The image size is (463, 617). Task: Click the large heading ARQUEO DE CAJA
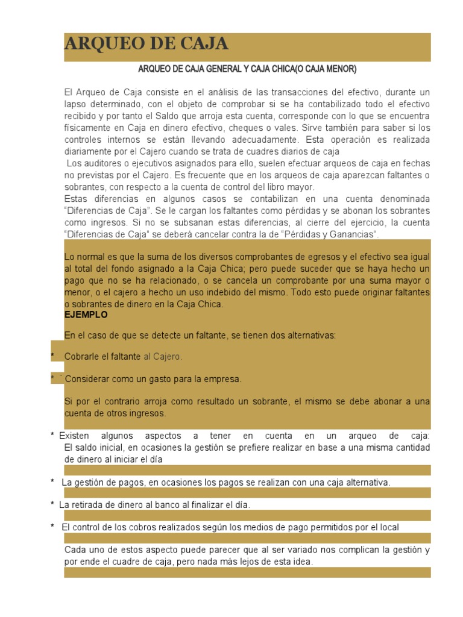point(146,44)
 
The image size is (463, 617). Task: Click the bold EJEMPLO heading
point(86,315)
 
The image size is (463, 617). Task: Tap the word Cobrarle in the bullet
point(83,357)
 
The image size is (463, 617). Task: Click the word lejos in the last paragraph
point(240,562)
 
